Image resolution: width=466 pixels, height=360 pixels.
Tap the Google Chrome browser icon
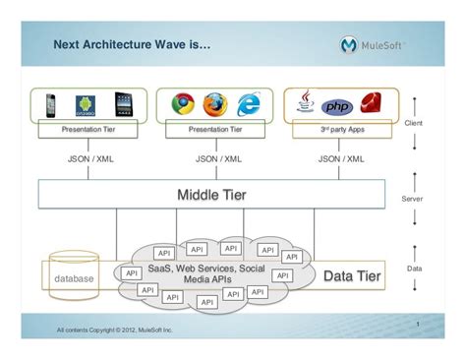click(x=183, y=104)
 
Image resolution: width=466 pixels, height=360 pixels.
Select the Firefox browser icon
click(x=215, y=104)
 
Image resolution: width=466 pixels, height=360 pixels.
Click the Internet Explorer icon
click(x=249, y=104)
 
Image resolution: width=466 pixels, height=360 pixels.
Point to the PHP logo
click(x=337, y=105)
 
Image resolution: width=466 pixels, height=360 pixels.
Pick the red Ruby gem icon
click(x=371, y=104)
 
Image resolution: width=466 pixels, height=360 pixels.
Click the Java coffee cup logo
click(x=306, y=103)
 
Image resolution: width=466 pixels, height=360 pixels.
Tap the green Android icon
click(x=86, y=105)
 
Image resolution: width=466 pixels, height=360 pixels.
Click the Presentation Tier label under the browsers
click(x=215, y=129)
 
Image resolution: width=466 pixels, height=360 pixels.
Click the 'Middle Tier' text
click(x=211, y=195)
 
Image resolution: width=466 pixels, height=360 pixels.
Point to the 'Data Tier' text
click(x=352, y=276)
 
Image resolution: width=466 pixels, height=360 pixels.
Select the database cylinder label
click(x=74, y=279)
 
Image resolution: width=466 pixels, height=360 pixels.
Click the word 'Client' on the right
click(x=413, y=123)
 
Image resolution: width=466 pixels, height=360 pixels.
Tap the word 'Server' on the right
click(x=413, y=198)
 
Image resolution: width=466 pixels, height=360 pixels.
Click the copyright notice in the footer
click(x=114, y=330)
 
